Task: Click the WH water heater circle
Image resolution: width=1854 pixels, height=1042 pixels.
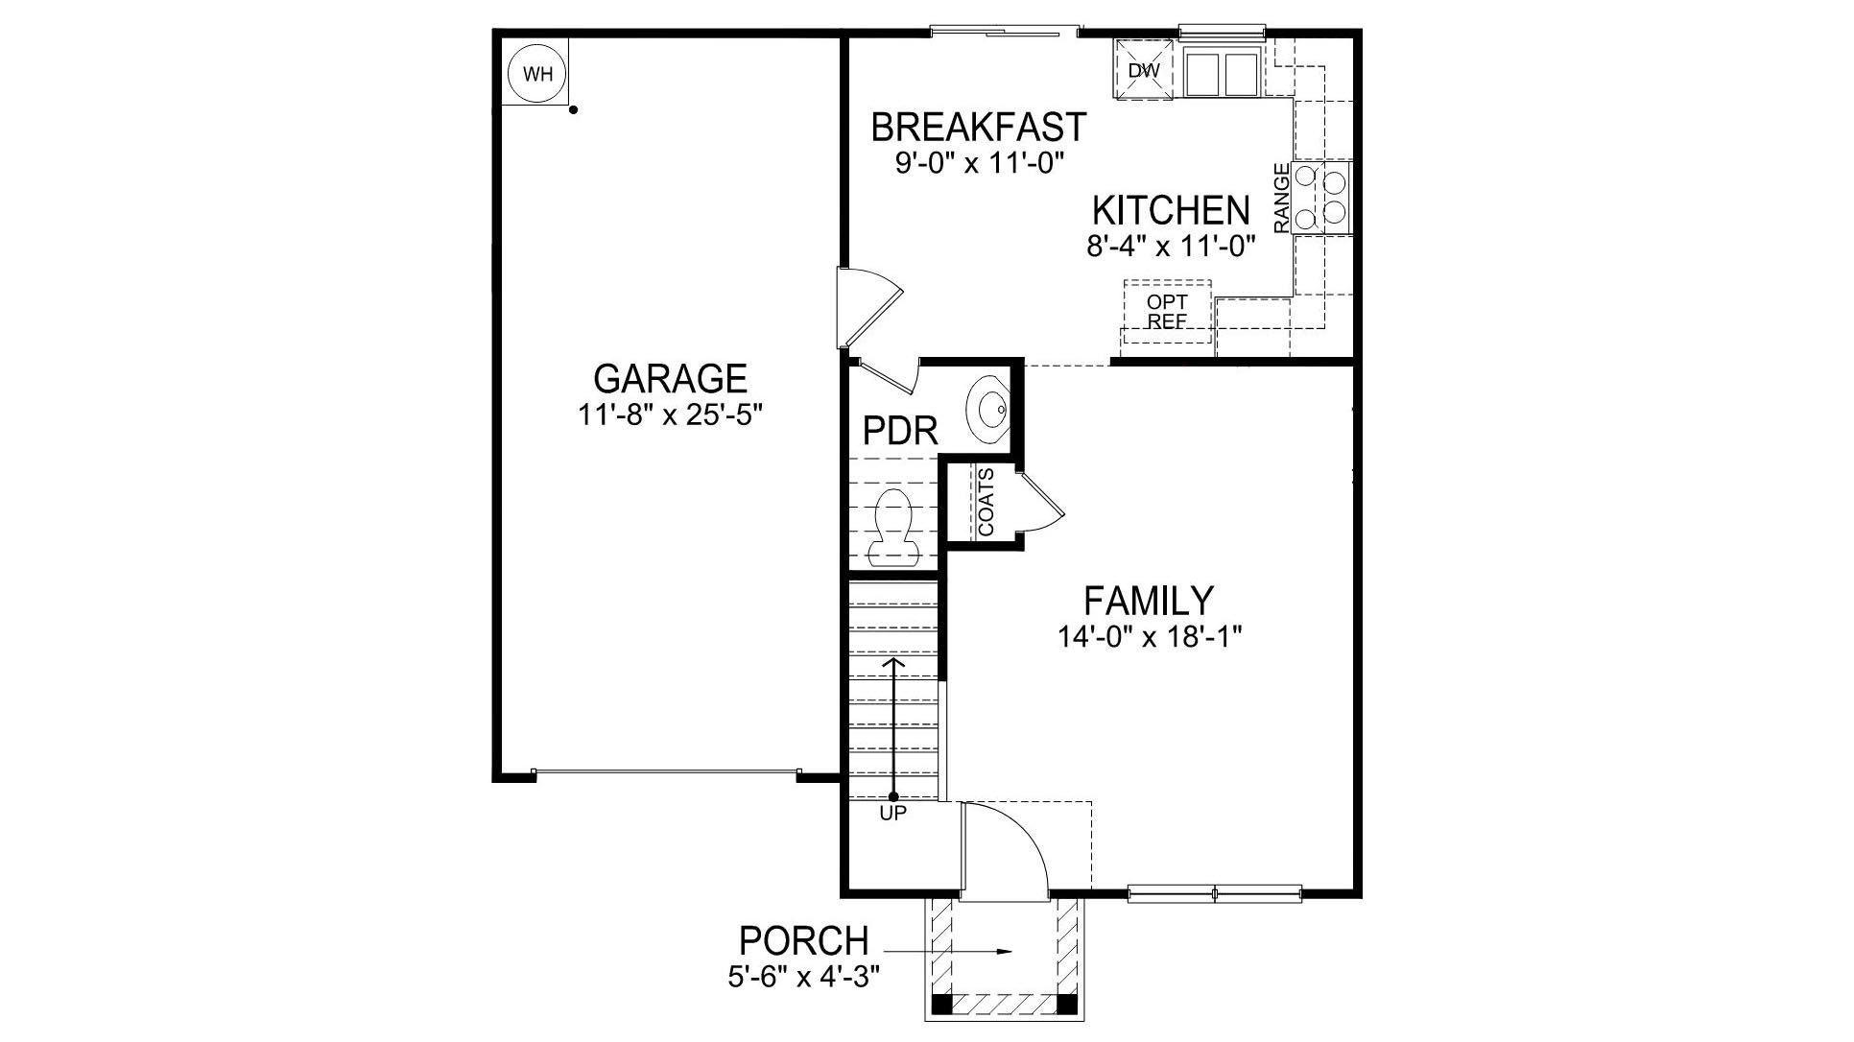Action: click(538, 74)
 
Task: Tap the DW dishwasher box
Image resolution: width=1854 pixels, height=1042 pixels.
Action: click(1144, 70)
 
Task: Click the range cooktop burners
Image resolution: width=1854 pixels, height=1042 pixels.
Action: click(1321, 197)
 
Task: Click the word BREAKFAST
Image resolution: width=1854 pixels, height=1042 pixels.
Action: click(978, 127)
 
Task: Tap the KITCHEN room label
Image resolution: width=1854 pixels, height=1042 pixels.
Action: click(1171, 210)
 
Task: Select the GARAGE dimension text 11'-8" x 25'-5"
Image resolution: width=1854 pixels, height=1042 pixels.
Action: click(670, 415)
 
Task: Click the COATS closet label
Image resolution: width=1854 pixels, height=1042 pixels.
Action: click(986, 502)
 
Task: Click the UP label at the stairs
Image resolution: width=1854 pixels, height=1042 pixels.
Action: click(892, 813)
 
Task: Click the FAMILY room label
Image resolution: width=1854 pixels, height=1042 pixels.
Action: click(1149, 601)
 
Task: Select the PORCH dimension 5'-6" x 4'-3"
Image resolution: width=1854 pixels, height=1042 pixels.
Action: click(803, 977)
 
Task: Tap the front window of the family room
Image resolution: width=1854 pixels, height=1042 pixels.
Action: click(1214, 894)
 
